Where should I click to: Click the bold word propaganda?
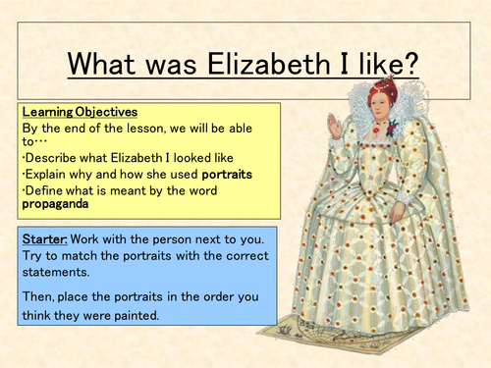click(63, 204)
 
